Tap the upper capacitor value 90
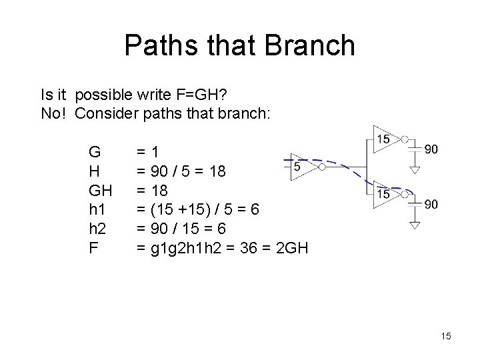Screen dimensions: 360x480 coord(431,149)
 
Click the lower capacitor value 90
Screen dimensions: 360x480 coord(431,204)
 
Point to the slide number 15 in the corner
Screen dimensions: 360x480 coord(445,336)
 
